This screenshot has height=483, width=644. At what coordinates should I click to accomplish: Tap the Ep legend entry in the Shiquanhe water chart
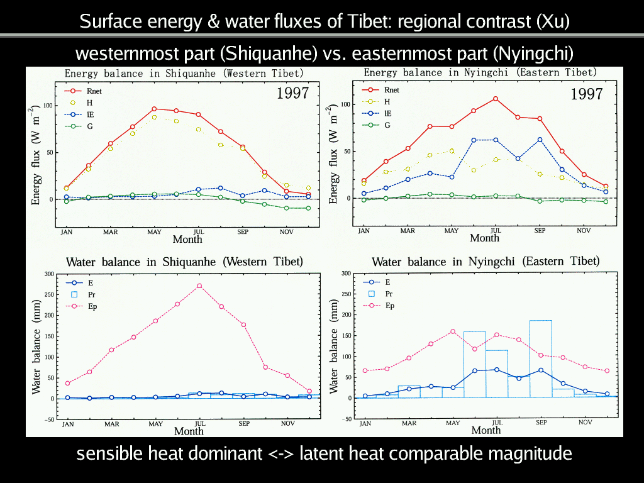pyautogui.click(x=84, y=306)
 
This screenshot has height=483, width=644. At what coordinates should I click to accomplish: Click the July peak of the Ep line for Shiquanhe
pyautogui.click(x=199, y=286)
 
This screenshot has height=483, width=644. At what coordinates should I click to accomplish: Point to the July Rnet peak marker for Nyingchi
pyautogui.click(x=496, y=99)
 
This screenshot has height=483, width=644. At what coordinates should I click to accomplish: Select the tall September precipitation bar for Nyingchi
pyautogui.click(x=541, y=358)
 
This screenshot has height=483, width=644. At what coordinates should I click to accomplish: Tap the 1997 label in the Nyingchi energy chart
pyautogui.click(x=586, y=94)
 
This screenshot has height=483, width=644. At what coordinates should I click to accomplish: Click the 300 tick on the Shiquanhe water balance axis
pyautogui.click(x=48, y=274)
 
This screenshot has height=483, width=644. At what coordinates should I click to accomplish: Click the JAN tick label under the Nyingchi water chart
pyautogui.click(x=365, y=423)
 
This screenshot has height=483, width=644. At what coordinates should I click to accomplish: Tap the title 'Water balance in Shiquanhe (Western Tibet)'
pyautogui.click(x=184, y=261)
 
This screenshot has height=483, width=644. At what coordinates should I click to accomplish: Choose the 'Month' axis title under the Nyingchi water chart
pyautogui.click(x=486, y=430)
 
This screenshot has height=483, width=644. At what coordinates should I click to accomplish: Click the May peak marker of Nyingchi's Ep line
pyautogui.click(x=452, y=331)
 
